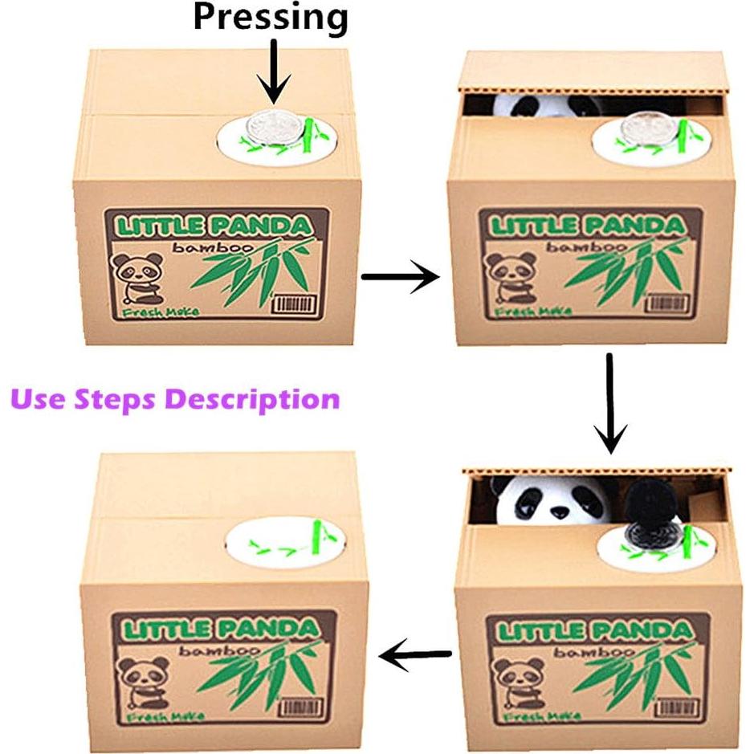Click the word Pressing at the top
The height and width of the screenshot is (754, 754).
point(270,18)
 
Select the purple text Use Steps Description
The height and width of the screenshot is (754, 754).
point(175,398)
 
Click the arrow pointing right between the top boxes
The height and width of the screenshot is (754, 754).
point(400,277)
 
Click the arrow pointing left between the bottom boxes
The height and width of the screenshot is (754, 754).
point(414,656)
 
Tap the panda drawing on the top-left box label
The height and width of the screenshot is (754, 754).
point(136,277)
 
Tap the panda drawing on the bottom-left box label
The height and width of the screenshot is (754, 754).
point(141,678)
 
